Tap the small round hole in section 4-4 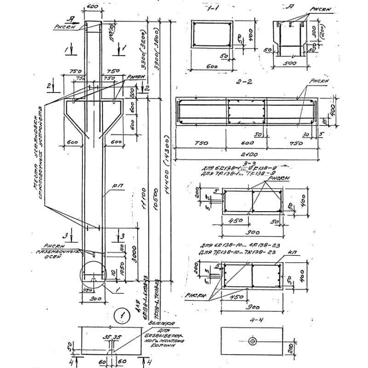coord(252,341)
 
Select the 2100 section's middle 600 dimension coord(246,143)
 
